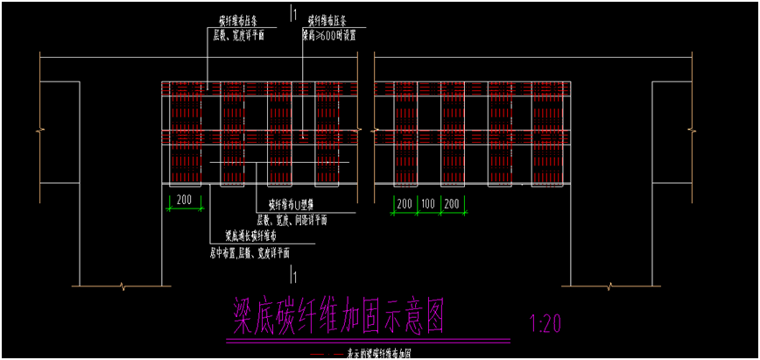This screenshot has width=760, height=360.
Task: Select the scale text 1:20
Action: (x=545, y=324)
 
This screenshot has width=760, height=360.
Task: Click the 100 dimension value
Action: (x=427, y=203)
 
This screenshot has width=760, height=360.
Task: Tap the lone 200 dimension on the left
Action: (x=184, y=200)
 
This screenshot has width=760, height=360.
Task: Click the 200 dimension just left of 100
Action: (x=404, y=203)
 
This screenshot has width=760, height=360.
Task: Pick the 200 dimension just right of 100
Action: (x=452, y=203)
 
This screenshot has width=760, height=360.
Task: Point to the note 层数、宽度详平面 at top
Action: (x=238, y=36)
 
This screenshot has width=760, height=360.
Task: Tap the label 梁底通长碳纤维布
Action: (x=250, y=236)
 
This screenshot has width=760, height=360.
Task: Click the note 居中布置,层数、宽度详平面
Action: (x=250, y=252)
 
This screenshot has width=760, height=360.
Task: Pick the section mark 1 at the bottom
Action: (x=297, y=278)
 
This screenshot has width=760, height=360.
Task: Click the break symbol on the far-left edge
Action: (x=39, y=131)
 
